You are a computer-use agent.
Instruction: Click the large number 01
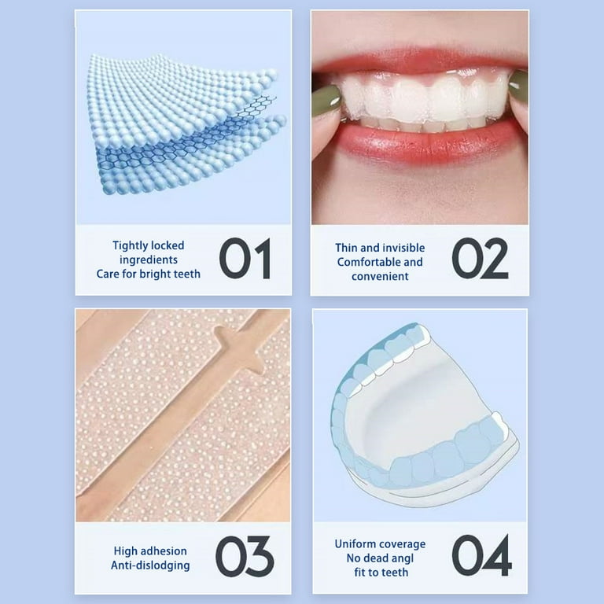245,258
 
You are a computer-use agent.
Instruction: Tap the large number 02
480,258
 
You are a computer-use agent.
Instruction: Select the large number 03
245,556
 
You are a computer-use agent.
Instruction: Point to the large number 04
481,555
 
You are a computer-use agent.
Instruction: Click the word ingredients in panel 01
149,260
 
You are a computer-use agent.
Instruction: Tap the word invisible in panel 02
403,248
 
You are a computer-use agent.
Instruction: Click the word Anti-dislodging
150,565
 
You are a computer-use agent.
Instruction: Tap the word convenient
380,276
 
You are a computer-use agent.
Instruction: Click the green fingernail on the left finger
326,101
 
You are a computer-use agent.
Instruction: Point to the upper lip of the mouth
420,61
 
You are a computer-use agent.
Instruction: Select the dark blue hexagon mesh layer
185,134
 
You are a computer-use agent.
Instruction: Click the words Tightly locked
149,245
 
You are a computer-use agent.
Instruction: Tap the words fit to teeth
381,573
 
